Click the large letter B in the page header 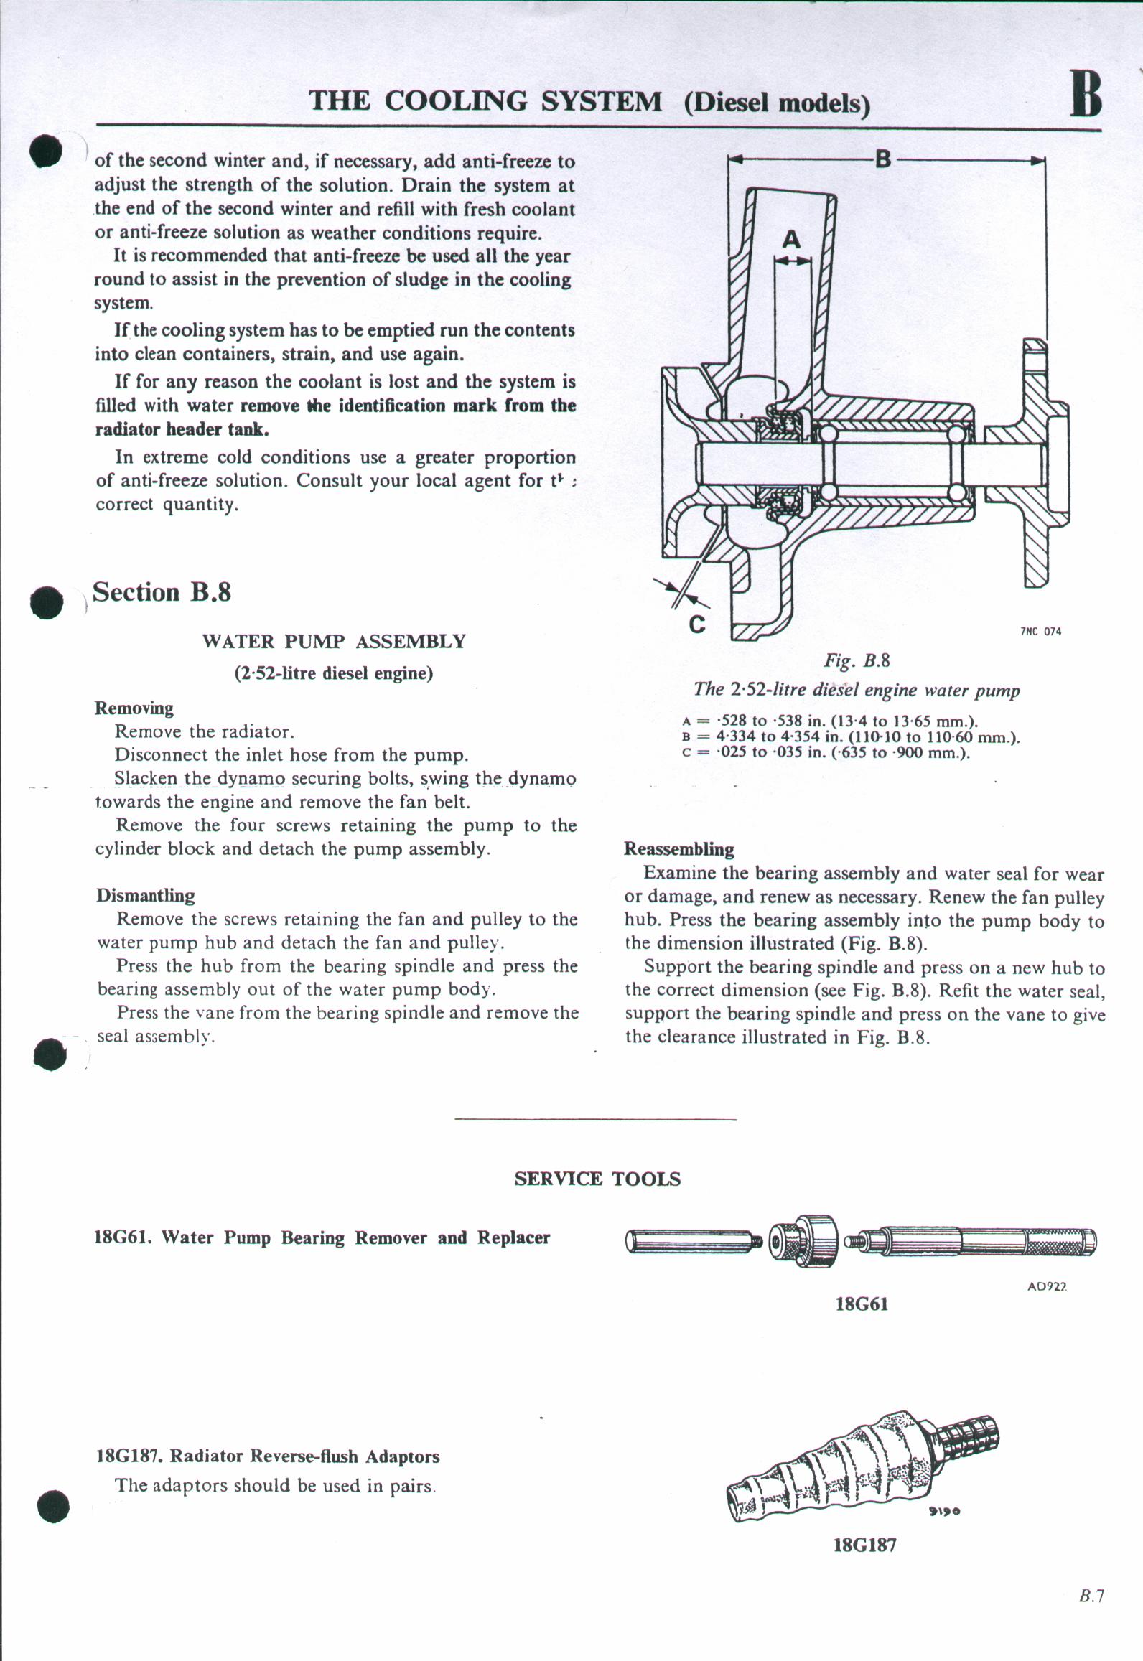coord(1086,94)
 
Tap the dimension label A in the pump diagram coord(791,239)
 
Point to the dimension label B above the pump coord(883,158)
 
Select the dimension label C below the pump coord(696,623)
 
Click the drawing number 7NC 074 coord(1040,632)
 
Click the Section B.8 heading coord(162,593)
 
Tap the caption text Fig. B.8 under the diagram coord(857,660)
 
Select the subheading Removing coord(134,708)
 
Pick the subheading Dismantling coord(146,895)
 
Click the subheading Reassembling coord(679,849)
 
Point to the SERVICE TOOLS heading coord(597,1179)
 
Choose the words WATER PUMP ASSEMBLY coord(334,641)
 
